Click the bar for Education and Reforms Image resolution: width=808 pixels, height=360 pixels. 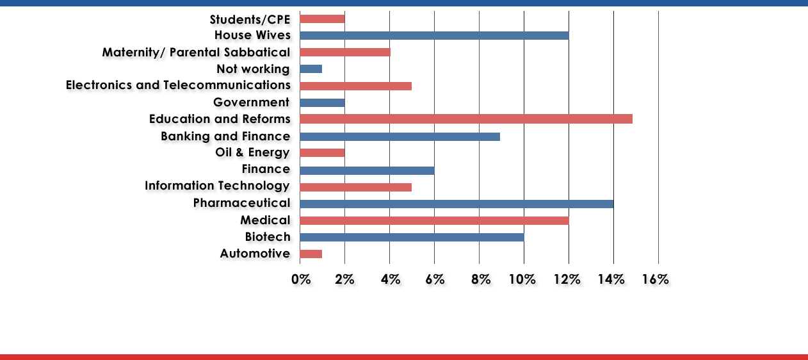click(465, 119)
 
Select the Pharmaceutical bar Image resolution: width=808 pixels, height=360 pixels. click(456, 204)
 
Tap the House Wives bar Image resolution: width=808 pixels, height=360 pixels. click(434, 35)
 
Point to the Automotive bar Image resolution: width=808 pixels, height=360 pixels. click(311, 254)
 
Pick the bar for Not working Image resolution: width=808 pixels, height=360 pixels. click(311, 69)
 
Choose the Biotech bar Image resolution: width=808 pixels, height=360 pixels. click(412, 237)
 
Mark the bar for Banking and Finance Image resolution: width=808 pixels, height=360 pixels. click(400, 136)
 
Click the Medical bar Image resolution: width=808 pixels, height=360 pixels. click(434, 220)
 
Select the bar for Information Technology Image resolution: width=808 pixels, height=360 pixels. click(355, 187)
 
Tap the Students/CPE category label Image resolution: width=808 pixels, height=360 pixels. click(250, 19)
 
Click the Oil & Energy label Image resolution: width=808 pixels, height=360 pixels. click(253, 152)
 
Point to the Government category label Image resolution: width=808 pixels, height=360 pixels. click(252, 102)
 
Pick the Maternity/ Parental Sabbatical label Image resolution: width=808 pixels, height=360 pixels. click(196, 52)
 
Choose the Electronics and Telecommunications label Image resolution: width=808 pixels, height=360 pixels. click(178, 85)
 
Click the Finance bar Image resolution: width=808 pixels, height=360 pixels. click(367, 170)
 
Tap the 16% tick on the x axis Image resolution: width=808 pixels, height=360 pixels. click(654, 279)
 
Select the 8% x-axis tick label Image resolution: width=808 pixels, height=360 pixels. click(481, 279)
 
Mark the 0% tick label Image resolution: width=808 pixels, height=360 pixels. click(301, 279)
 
